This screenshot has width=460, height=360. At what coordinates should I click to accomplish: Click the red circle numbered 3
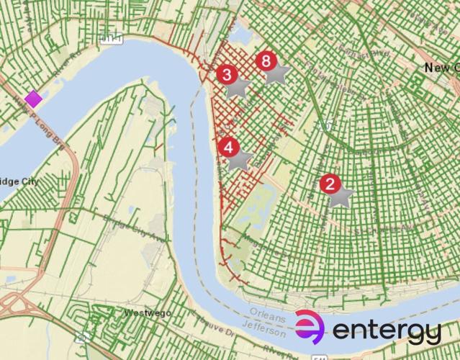coord(227,74)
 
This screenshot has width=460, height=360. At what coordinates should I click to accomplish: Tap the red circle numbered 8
coord(266,60)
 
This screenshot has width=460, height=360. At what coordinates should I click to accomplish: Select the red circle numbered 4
coord(229,148)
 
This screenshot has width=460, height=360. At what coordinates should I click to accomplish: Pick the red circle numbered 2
coord(330,184)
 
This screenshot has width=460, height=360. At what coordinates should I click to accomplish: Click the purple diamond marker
coord(33,98)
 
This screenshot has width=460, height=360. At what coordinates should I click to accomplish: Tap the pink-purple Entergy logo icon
coord(310,327)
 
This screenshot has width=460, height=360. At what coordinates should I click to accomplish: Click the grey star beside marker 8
coord(278,73)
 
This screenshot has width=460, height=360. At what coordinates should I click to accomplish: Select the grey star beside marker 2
coord(341,196)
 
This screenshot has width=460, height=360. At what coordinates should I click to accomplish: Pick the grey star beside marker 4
coord(240,160)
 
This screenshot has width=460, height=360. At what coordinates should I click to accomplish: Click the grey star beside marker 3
coord(238,87)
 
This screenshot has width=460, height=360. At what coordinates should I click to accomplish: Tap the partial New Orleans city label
coord(441,68)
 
